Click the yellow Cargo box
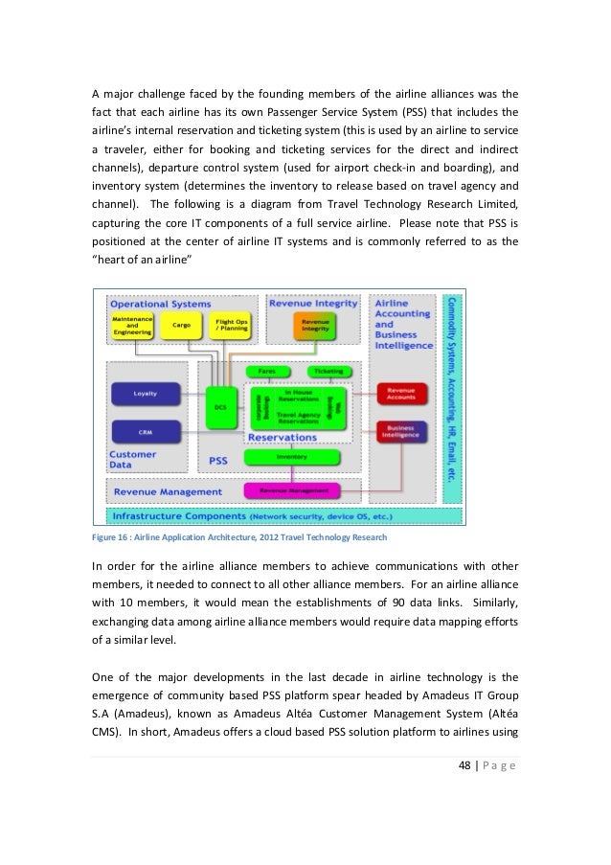[x=181, y=325]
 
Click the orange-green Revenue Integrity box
[x=309, y=326]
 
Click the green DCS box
[x=221, y=407]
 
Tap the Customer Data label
[x=133, y=460]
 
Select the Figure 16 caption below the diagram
[x=239, y=538]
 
